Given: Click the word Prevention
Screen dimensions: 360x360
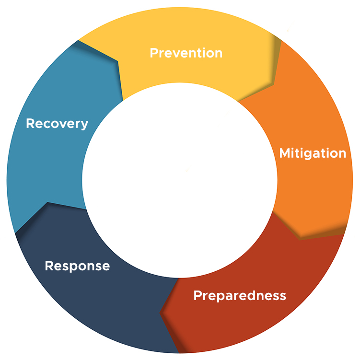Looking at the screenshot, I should tap(186, 53).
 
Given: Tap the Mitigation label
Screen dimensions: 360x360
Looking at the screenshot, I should tap(313, 153).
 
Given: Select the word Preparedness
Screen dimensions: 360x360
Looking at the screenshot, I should tap(239, 295).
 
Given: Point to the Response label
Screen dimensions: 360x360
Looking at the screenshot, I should tap(77, 266).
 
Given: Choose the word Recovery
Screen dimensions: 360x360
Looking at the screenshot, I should tap(57, 124).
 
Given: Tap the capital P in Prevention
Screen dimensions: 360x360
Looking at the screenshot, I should tap(154, 53).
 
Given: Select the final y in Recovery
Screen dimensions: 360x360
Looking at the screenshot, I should tap(84, 126).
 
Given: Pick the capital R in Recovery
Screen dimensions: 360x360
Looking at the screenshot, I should tap(30, 124).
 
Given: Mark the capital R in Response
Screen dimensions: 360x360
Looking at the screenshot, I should tap(49, 266).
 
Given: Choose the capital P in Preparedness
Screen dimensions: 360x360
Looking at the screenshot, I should tap(197, 295).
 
